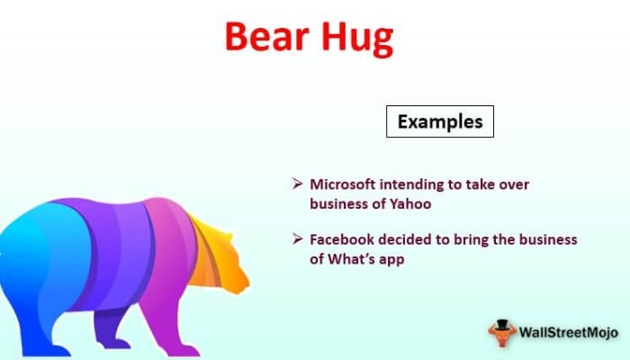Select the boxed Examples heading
[x=440, y=121]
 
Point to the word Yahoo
[x=410, y=203]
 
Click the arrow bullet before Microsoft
[x=297, y=184]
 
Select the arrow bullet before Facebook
[x=297, y=240]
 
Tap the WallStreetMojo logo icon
[x=502, y=332]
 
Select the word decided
[x=411, y=240]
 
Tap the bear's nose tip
[x=247, y=290]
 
